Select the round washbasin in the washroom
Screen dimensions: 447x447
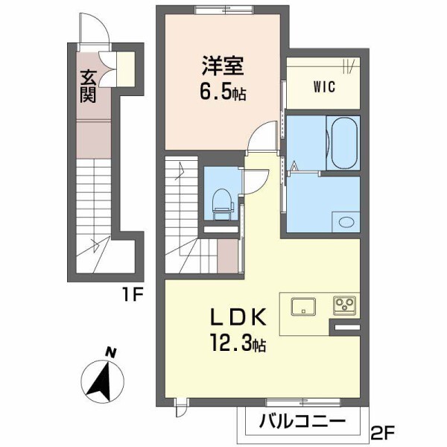point(344,221)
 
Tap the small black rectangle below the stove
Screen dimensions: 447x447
point(347,327)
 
